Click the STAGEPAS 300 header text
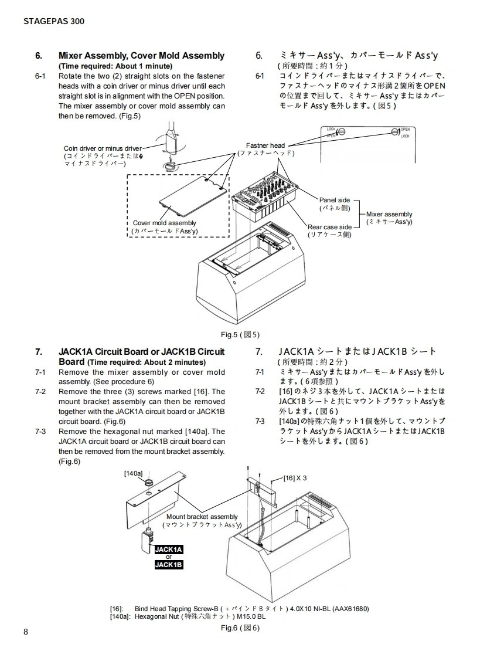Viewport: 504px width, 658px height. (54, 21)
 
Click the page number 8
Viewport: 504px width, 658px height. (26, 632)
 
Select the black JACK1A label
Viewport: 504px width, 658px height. (169, 549)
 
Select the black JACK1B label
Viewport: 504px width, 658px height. (169, 565)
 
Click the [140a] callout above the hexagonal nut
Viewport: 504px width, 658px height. (133, 473)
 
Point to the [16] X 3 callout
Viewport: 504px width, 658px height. (295, 478)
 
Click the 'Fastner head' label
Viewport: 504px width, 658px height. (265, 145)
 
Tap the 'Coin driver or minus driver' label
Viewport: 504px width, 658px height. (103, 148)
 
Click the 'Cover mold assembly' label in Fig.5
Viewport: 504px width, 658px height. (165, 223)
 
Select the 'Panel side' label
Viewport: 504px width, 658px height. (335, 200)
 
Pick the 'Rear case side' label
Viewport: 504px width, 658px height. (329, 227)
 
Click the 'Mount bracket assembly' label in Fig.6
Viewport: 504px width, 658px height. (202, 517)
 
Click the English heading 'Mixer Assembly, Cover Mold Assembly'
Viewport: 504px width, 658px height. (141, 56)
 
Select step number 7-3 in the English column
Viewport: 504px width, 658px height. (40, 431)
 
